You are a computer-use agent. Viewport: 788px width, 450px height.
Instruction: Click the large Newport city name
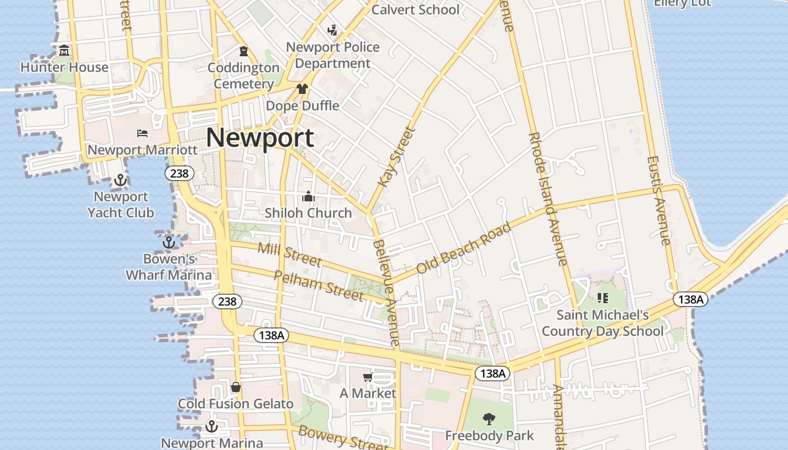259,138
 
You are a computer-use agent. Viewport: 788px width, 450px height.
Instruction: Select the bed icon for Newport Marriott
142,133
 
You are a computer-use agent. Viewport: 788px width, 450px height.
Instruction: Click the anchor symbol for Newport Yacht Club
120,180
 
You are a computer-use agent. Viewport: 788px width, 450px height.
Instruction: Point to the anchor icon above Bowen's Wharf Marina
168,242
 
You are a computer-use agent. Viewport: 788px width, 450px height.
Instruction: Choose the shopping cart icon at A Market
368,377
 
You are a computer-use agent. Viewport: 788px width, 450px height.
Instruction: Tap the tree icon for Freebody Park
489,418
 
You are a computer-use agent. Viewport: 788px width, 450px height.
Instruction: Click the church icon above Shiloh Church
308,196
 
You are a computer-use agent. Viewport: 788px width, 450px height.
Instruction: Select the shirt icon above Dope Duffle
302,89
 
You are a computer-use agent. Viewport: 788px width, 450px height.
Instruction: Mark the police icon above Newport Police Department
333,30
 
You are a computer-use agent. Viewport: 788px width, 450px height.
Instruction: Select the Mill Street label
289,254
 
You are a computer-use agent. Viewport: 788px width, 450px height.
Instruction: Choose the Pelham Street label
319,285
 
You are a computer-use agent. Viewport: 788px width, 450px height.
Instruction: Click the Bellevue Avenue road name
387,292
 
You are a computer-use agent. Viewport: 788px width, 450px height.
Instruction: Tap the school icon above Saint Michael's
603,298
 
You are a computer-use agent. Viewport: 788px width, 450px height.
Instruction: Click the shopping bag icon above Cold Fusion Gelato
236,387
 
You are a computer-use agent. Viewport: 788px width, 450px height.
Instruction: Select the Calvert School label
415,10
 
